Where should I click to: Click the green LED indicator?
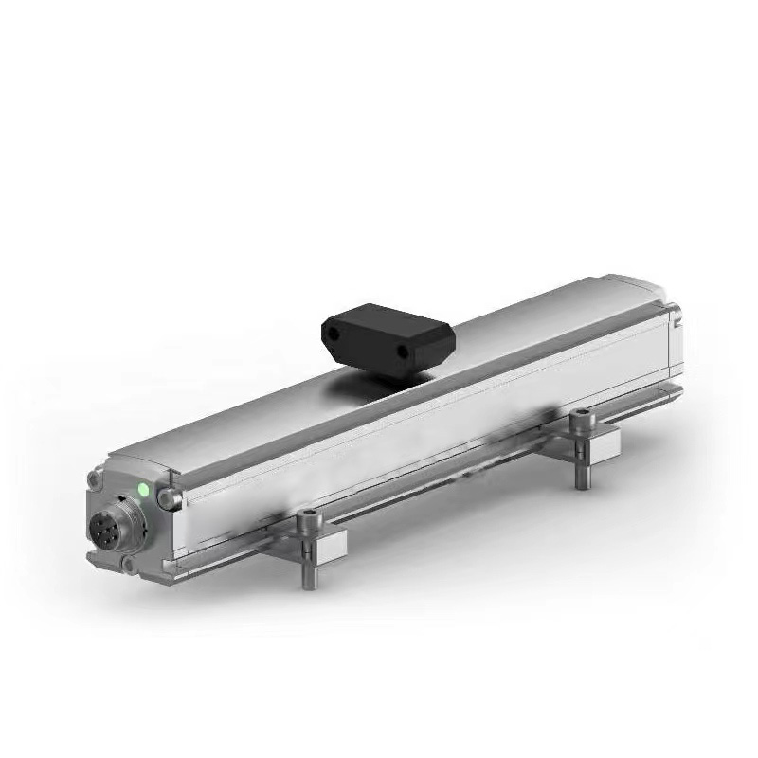tap(144, 490)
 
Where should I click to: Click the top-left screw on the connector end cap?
tap(95, 479)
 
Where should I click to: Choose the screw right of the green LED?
tap(170, 498)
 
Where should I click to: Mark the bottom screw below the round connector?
tap(128, 565)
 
